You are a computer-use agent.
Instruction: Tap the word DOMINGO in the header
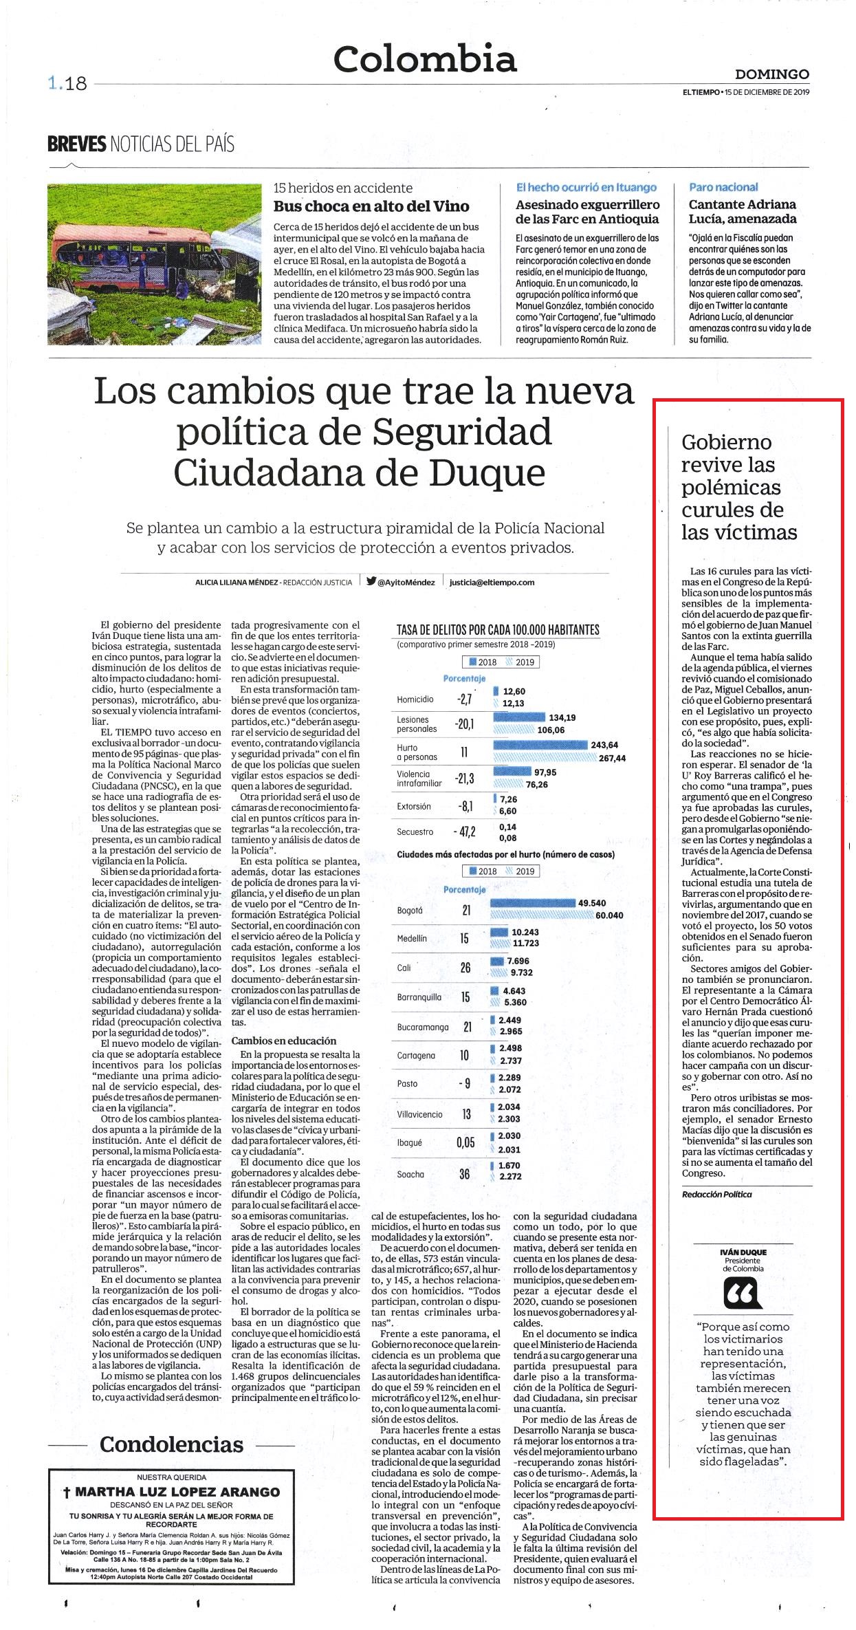coord(772,74)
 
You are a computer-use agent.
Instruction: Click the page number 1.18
coord(67,84)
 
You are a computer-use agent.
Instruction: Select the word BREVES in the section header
coord(76,144)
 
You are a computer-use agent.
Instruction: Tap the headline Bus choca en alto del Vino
coord(371,206)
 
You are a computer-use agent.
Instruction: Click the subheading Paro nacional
coord(723,187)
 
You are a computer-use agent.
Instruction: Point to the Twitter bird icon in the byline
coord(371,581)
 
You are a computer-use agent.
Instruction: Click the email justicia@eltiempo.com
coord(492,582)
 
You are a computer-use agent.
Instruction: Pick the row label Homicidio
coord(415,699)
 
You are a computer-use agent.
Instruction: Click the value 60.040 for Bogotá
coord(609,915)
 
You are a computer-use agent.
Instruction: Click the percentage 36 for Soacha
coord(465,1174)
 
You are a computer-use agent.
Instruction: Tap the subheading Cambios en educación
coord(284,1041)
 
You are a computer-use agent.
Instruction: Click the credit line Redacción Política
coord(717,1194)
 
